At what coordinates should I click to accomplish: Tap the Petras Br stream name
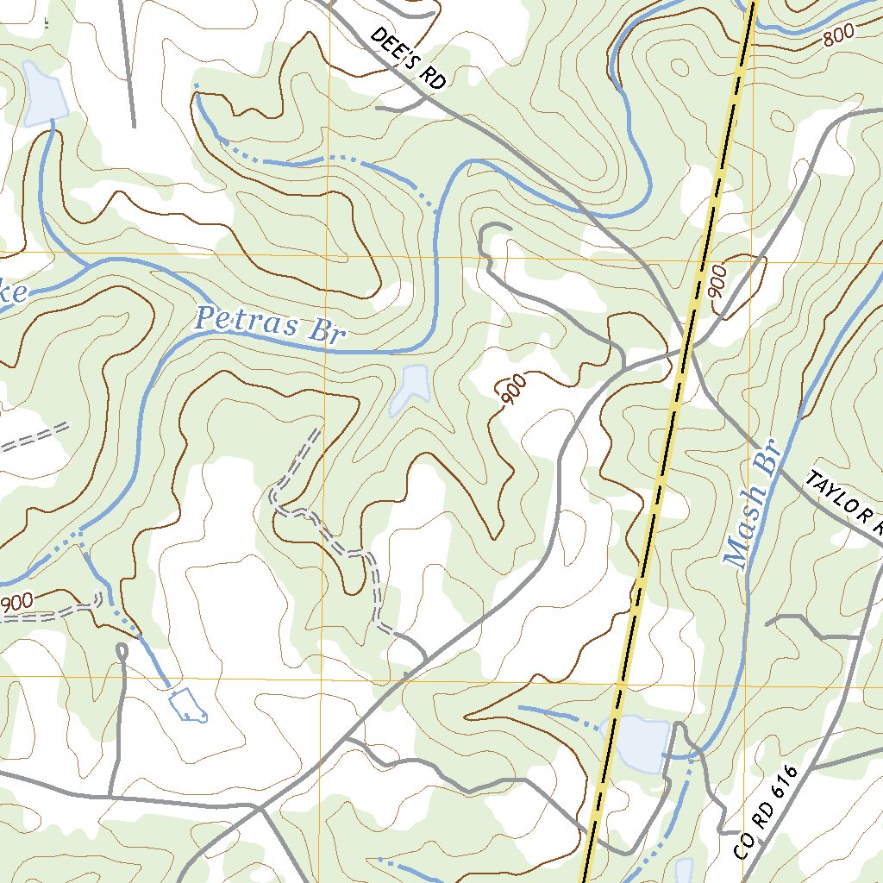pos(268,325)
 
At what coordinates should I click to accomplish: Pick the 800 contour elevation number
pos(838,36)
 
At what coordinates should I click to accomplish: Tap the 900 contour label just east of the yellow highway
pos(718,282)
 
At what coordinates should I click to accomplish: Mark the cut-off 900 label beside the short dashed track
pos(17,601)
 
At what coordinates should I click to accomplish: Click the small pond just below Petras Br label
pos(410,387)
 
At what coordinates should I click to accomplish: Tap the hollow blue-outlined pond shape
pos(188,705)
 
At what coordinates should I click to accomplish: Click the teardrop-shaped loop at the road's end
pos(122,648)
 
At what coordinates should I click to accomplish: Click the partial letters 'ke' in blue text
pos(15,294)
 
